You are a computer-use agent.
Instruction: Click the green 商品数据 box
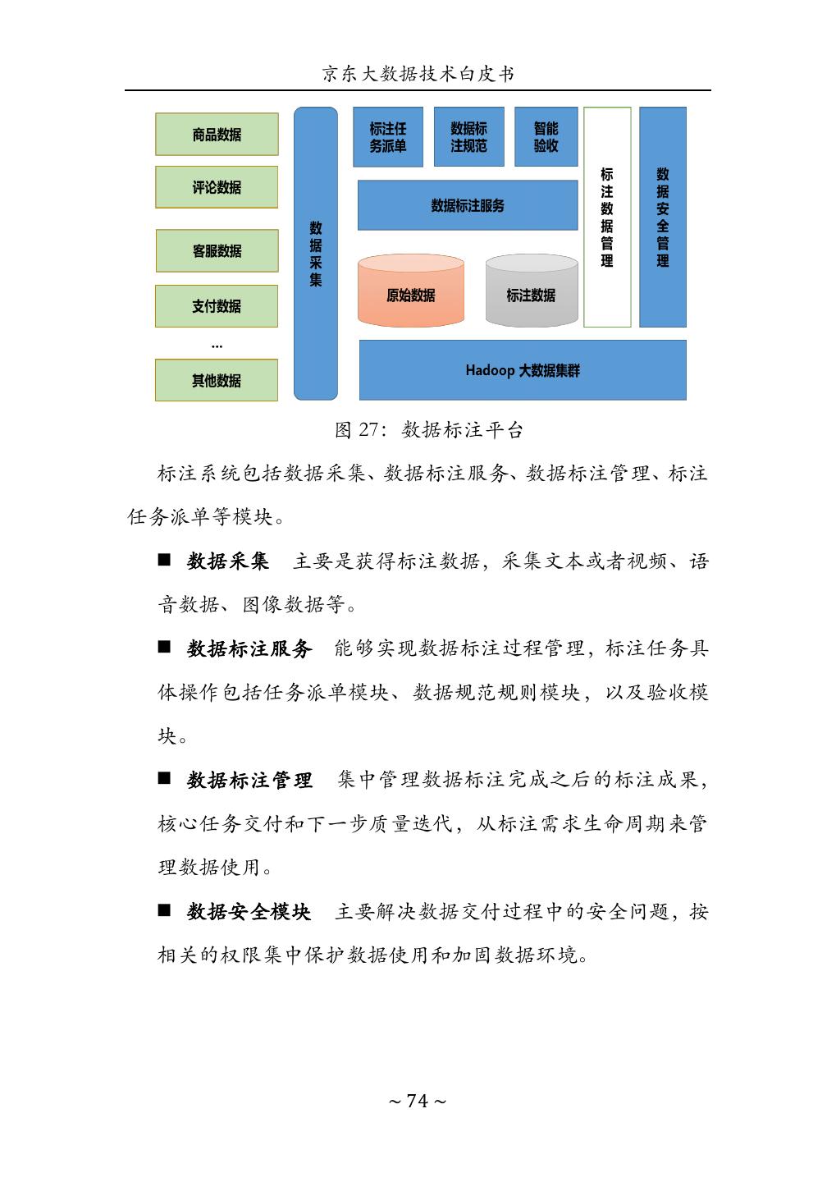click(x=217, y=135)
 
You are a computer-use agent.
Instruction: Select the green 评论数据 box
click(x=217, y=187)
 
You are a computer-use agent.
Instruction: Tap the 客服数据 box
click(x=217, y=250)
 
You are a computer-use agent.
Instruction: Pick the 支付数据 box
click(x=217, y=306)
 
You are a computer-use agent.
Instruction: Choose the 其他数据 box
click(x=217, y=380)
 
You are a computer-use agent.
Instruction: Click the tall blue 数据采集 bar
click(x=316, y=254)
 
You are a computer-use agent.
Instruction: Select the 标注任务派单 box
click(x=388, y=137)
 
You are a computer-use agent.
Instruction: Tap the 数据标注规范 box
click(x=468, y=137)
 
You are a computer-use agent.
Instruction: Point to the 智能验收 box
click(x=546, y=137)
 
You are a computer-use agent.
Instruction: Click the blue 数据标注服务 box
click(x=468, y=205)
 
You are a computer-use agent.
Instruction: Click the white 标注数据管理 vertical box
click(x=607, y=218)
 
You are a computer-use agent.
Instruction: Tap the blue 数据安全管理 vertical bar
click(x=663, y=218)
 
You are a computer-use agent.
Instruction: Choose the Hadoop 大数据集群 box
click(x=523, y=370)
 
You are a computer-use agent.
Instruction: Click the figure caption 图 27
click(x=428, y=429)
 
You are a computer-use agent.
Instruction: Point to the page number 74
click(x=418, y=1101)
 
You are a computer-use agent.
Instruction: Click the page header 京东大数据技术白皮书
click(x=418, y=74)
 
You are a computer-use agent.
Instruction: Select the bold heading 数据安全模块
click(x=249, y=911)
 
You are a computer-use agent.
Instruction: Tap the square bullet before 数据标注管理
click(x=165, y=778)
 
